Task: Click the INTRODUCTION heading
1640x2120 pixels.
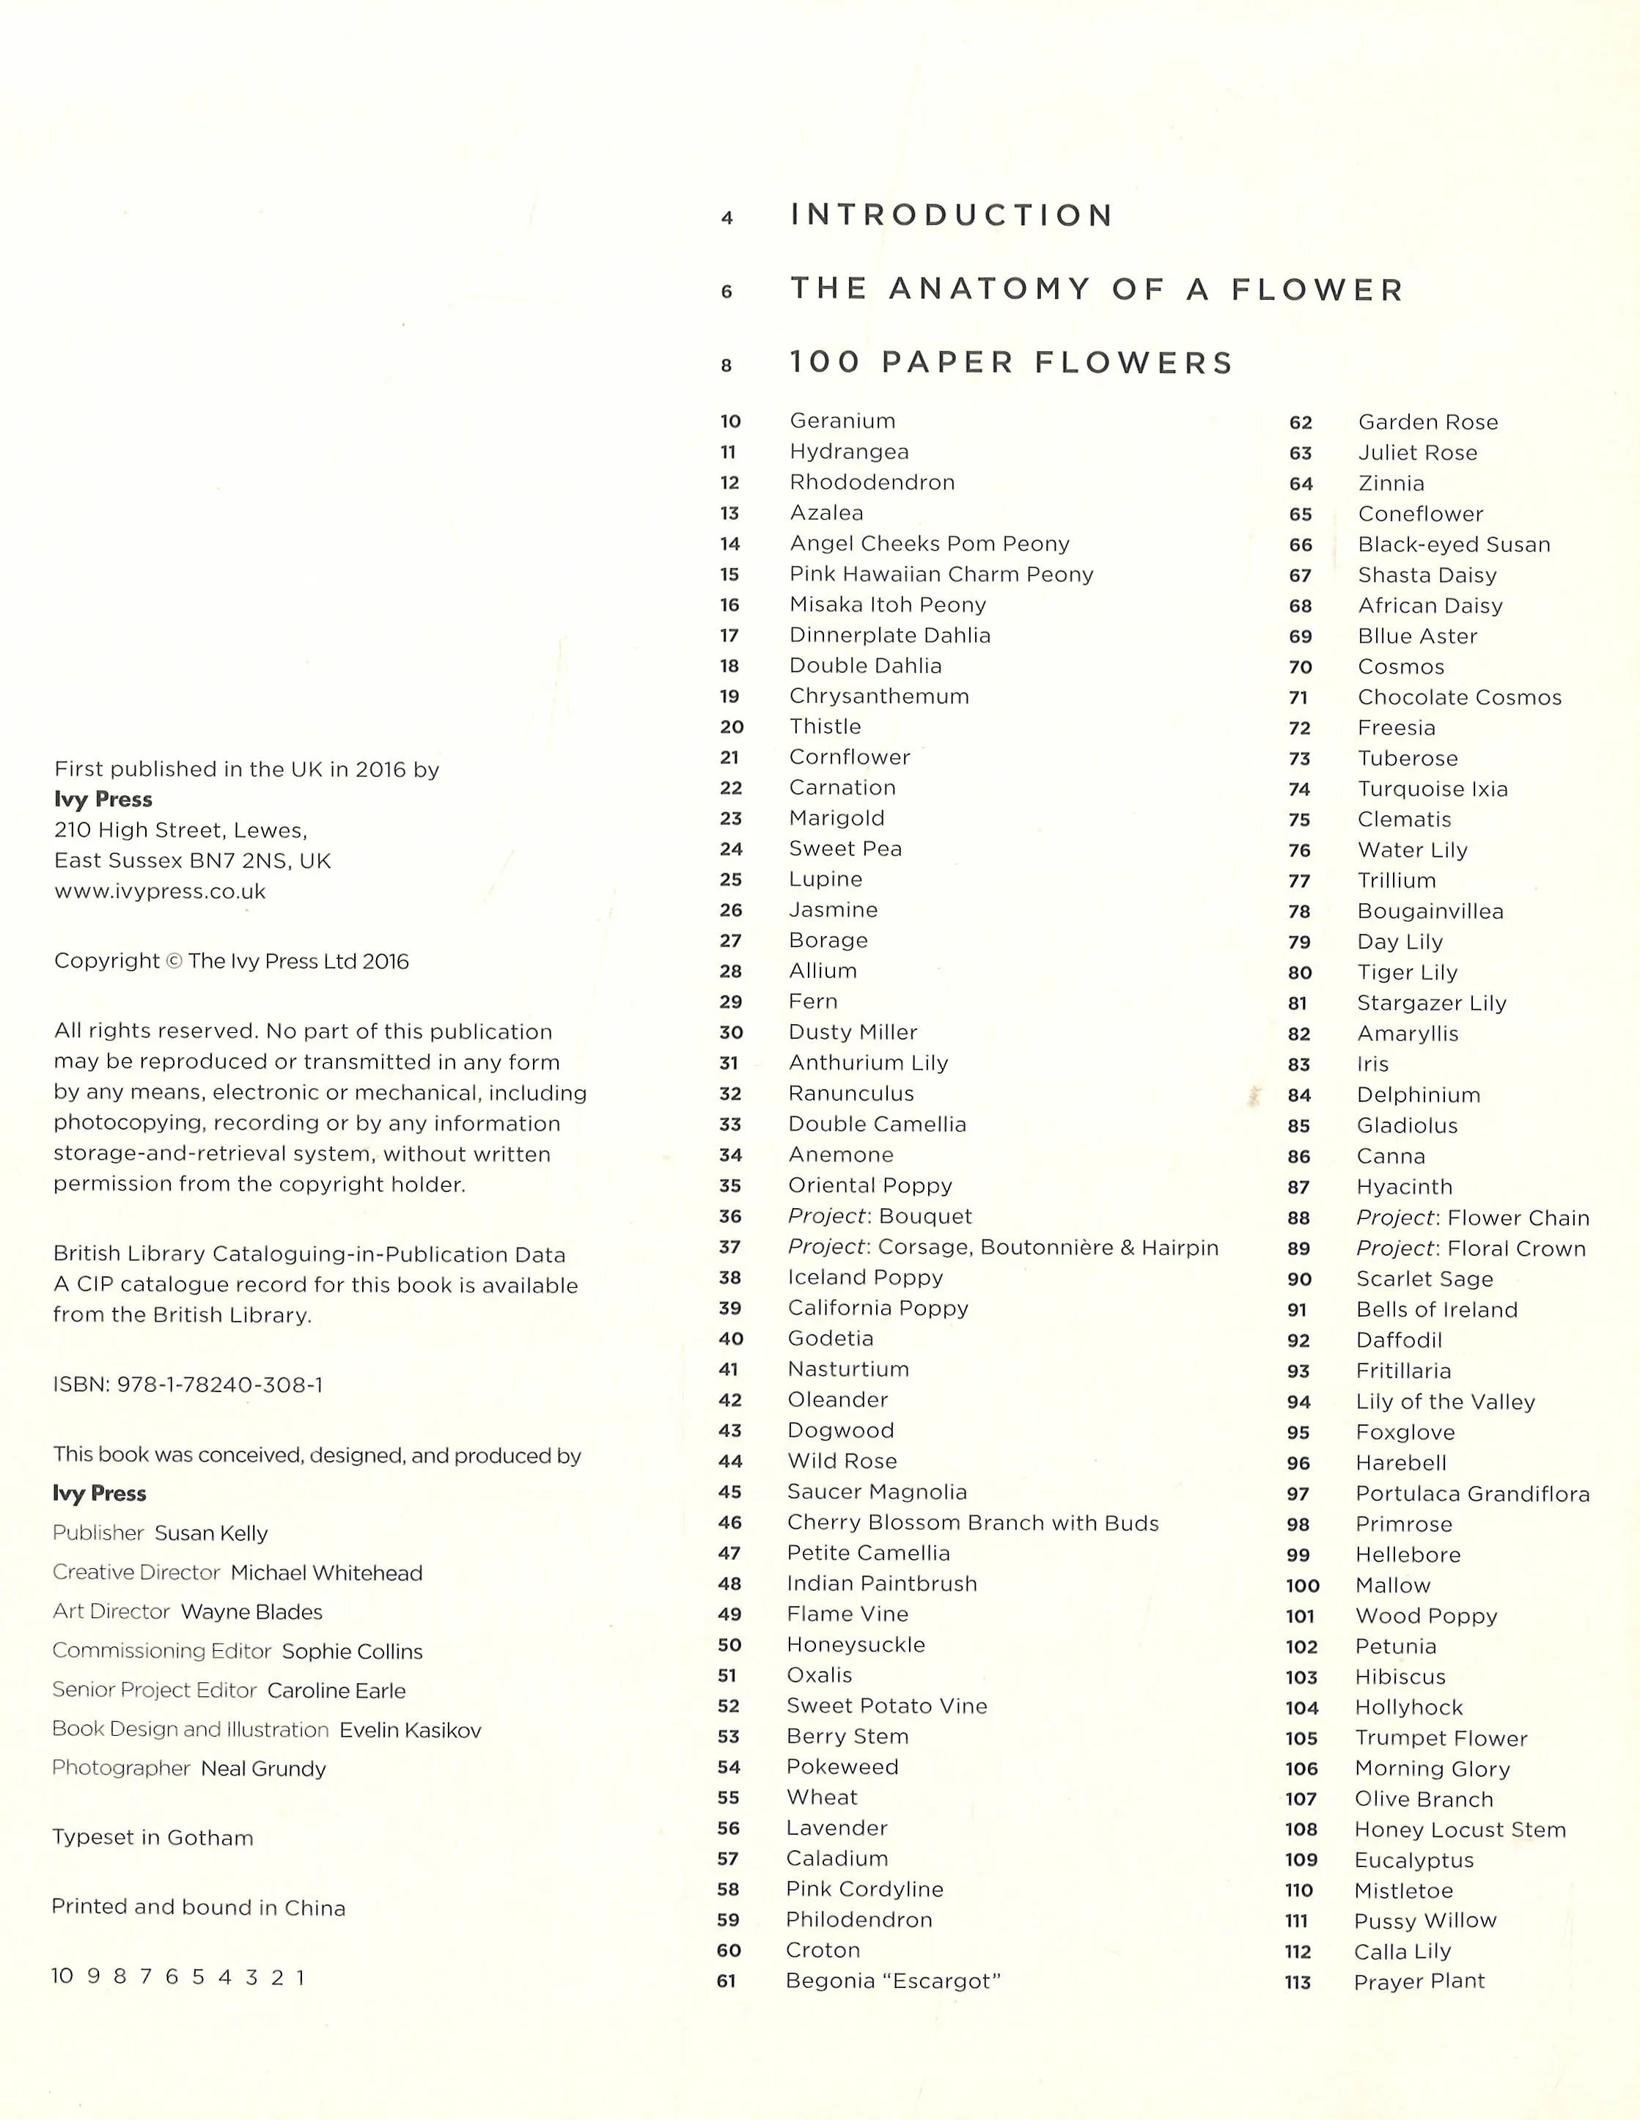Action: pyautogui.click(x=952, y=215)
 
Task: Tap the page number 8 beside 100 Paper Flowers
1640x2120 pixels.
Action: pyautogui.click(x=727, y=366)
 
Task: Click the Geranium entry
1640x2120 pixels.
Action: pyautogui.click(x=842, y=420)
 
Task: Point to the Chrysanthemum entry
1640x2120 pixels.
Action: pyautogui.click(x=879, y=696)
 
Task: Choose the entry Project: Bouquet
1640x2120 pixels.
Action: pyautogui.click(x=880, y=1216)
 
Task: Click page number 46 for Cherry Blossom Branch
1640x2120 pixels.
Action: pyautogui.click(x=730, y=1523)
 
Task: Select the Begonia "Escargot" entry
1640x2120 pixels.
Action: pyautogui.click(x=892, y=1981)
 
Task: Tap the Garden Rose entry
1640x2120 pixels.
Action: pyautogui.click(x=1427, y=422)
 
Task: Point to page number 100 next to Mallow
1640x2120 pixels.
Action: pyautogui.click(x=1302, y=1586)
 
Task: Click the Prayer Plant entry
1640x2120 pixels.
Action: pyautogui.click(x=1419, y=1981)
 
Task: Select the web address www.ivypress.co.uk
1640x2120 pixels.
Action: pyautogui.click(x=161, y=891)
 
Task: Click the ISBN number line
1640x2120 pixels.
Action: pyautogui.click(x=188, y=1385)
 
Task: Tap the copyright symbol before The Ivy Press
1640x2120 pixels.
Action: pyautogui.click(x=174, y=961)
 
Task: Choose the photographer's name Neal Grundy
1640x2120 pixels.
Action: pyautogui.click(x=263, y=1769)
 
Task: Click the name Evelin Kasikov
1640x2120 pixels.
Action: pyautogui.click(x=410, y=1730)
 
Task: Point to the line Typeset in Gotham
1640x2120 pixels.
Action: pyautogui.click(x=152, y=1838)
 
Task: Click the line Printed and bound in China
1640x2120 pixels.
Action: pyautogui.click(x=198, y=1907)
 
